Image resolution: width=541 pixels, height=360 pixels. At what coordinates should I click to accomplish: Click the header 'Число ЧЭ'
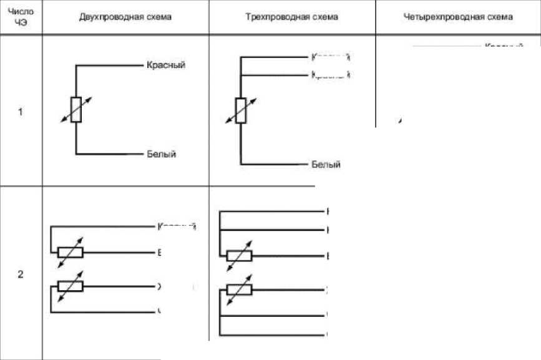pyautogui.click(x=21, y=17)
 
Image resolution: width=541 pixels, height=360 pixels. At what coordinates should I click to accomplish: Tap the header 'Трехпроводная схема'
pyautogui.click(x=292, y=17)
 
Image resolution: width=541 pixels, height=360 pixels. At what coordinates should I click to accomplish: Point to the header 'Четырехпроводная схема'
pyautogui.click(x=459, y=17)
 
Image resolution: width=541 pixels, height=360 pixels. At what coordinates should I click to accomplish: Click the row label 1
pyautogui.click(x=21, y=113)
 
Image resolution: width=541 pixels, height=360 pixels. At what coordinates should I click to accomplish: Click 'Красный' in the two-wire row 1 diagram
pyautogui.click(x=166, y=65)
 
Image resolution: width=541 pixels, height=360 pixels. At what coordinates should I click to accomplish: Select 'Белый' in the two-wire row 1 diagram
pyautogui.click(x=161, y=154)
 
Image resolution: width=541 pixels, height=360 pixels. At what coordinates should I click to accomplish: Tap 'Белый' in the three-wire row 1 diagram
pyautogui.click(x=326, y=165)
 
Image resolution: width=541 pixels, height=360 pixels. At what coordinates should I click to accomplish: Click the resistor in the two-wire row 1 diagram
pyautogui.click(x=76, y=109)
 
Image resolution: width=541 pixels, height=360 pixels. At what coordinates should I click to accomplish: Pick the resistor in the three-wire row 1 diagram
pyautogui.click(x=240, y=111)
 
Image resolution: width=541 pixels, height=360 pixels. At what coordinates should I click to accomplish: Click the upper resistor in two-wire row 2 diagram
pyautogui.click(x=70, y=253)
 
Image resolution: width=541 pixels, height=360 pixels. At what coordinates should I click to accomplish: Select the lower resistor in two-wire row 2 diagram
pyautogui.click(x=70, y=286)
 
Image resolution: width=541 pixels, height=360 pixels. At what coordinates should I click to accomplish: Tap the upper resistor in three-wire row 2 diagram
pyautogui.click(x=239, y=255)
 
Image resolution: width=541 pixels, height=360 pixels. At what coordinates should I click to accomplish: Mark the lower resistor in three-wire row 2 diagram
pyautogui.click(x=239, y=289)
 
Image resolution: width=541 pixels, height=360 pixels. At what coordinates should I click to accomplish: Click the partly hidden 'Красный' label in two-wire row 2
pyautogui.click(x=178, y=226)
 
